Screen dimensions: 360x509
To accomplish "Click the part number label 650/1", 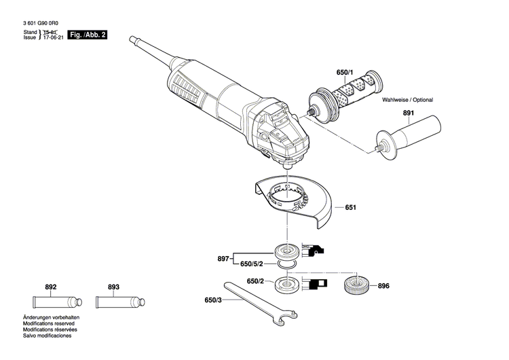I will pos(345,72).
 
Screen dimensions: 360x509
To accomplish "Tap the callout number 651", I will pos(350,207).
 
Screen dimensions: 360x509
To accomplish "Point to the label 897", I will pos(223,258).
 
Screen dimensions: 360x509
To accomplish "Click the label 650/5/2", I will pos(253,263).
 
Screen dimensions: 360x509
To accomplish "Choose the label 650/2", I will pos(254,281).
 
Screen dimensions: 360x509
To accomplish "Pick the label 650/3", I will pos(212,300).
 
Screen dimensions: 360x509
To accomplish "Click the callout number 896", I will pos(384,286).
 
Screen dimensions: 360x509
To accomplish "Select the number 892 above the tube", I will pos(50,287).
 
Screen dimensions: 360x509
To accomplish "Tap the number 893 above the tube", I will pos(113,287).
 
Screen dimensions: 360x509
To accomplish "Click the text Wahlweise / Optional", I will pos(407,100).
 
